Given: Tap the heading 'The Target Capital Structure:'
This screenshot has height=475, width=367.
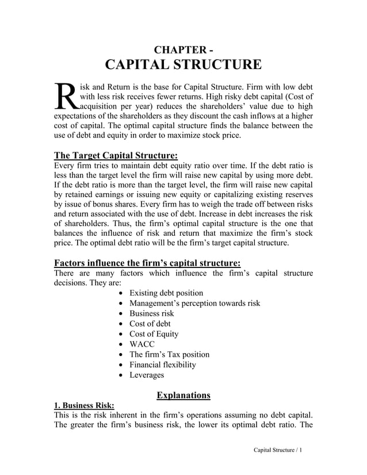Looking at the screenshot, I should pos(116,156).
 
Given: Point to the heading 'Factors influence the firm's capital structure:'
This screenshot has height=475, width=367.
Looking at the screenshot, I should pos(147,263).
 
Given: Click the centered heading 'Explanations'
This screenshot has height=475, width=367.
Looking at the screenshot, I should pos(183,395).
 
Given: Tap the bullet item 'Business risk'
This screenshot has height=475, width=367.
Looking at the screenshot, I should pos(151,313).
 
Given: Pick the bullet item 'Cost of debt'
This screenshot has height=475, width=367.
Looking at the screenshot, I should pos(150,324).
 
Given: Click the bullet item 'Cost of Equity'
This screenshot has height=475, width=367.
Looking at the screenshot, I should pos(154,334).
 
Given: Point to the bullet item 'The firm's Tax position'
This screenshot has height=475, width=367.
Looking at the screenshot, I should pos(169,354).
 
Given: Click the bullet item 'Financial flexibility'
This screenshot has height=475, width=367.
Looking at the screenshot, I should pos(162,365).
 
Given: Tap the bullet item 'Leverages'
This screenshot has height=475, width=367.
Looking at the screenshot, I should pos(147,375).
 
